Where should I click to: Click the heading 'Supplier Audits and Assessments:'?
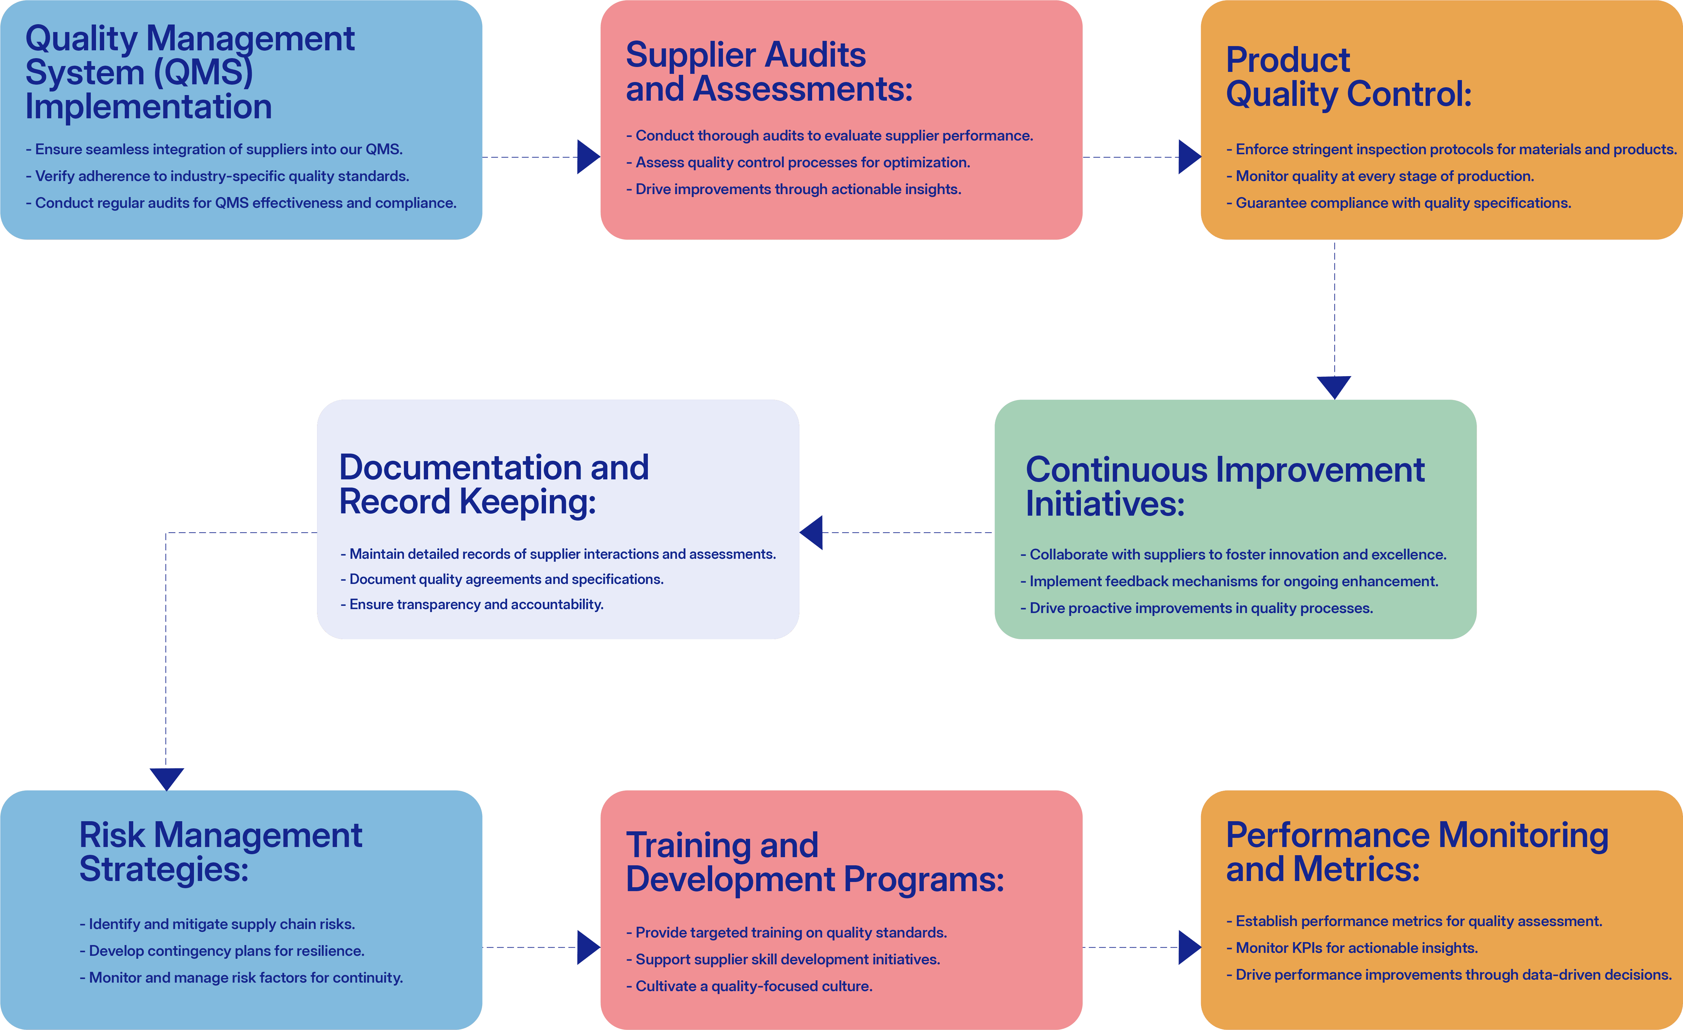pos(769,72)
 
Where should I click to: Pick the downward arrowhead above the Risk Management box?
pos(167,779)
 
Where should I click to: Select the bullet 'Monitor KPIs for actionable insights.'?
pos(1353,948)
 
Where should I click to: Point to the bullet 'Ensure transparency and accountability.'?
pos(472,604)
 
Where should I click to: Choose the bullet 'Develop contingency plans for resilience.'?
pos(222,951)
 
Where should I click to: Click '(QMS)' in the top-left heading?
pos(203,73)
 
